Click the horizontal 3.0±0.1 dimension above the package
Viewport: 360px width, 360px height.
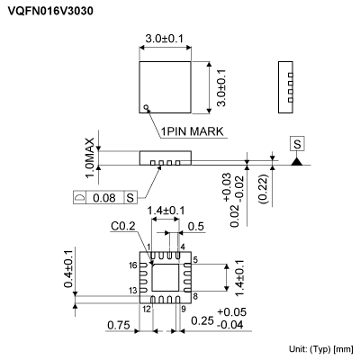tap(166, 39)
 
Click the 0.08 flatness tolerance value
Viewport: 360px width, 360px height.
tap(105, 196)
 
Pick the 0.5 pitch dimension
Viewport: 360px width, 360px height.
tap(194, 226)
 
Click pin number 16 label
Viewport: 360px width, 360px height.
tap(133, 265)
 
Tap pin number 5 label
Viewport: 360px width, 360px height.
tap(195, 259)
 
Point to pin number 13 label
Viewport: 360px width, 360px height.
tap(132, 291)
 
